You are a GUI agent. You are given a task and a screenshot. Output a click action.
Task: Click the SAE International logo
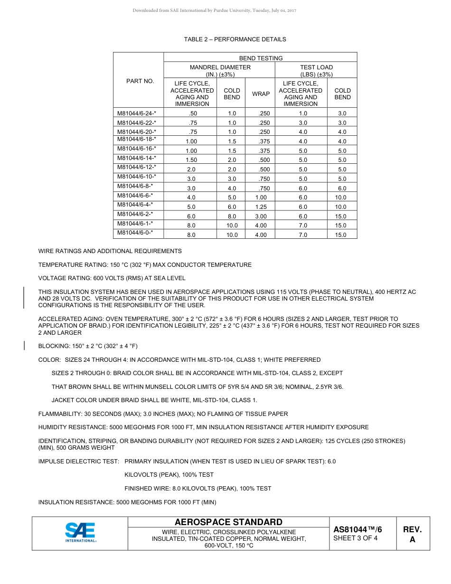[x=80, y=533]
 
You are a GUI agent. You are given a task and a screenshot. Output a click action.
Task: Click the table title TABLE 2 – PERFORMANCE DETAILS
[x=235, y=39]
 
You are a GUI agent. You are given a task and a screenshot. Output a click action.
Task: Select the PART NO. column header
[x=140, y=81]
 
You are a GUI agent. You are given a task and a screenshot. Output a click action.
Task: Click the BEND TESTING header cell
[x=261, y=58]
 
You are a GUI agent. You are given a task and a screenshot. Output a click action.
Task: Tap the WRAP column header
[x=261, y=94]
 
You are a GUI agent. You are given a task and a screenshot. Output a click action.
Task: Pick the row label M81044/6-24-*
[x=137, y=113]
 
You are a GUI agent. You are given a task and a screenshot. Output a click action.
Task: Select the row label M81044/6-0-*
[x=135, y=233]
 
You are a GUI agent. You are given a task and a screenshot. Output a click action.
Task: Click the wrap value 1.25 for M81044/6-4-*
[x=261, y=207]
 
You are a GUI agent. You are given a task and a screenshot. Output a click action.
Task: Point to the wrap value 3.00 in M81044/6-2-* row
[x=261, y=217]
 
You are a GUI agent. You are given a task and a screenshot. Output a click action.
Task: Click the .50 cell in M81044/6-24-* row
[x=192, y=113]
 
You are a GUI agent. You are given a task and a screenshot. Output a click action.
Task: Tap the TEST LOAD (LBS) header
[x=316, y=71]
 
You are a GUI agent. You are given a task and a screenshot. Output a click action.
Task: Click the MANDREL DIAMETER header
[x=220, y=71]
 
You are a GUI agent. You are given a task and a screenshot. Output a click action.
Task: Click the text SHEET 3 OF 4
[x=356, y=538]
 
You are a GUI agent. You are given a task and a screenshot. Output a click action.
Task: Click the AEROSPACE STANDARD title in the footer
[x=228, y=522]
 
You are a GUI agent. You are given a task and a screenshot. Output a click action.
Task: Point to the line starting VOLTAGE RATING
[x=112, y=278]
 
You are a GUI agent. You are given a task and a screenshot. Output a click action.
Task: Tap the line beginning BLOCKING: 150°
[x=88, y=346]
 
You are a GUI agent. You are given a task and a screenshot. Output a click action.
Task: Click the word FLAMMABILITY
[x=58, y=414]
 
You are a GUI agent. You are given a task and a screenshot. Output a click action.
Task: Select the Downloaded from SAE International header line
[x=214, y=10]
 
